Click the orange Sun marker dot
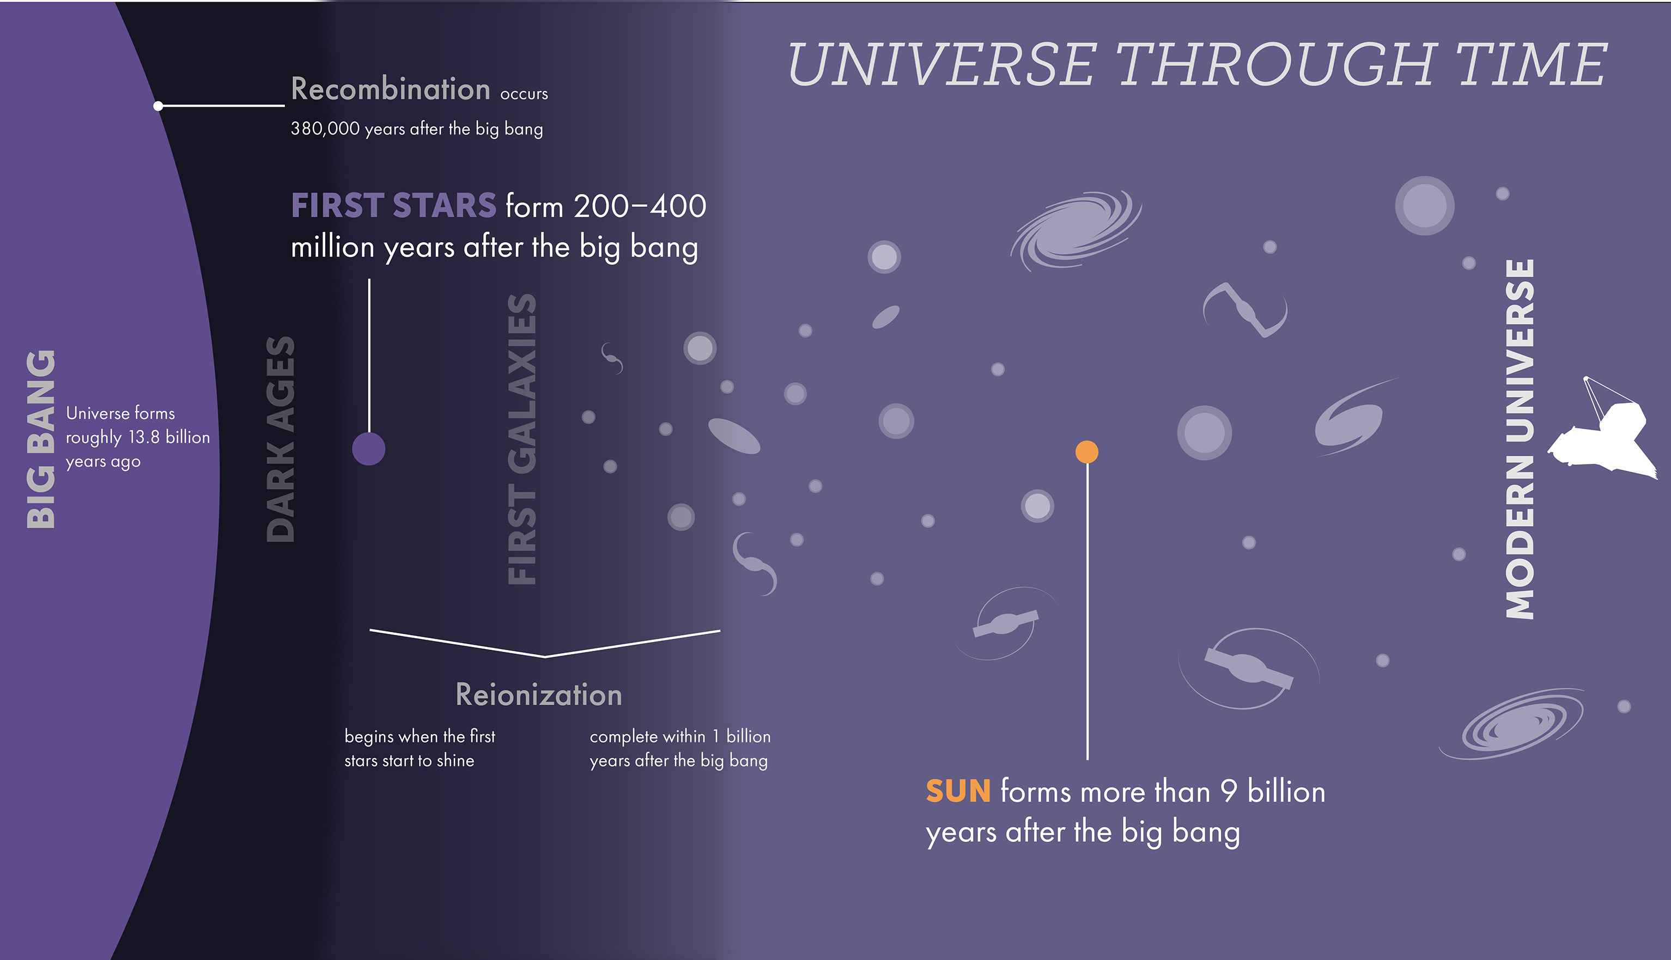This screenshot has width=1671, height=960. [x=1087, y=453]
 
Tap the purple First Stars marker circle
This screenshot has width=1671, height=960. [x=369, y=449]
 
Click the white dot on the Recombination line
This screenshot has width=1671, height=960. [x=159, y=106]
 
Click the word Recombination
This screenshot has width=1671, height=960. [x=391, y=89]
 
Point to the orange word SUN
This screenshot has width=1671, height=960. [x=958, y=791]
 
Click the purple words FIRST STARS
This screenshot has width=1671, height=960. [x=393, y=206]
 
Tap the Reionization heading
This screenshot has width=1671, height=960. [x=539, y=695]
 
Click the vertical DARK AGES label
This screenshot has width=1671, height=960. [x=281, y=439]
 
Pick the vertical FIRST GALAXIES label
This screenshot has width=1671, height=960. [x=522, y=439]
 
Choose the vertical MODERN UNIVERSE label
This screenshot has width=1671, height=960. [x=1520, y=439]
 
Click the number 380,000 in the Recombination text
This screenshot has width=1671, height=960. [x=325, y=129]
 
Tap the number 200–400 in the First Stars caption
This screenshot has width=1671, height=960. [x=640, y=206]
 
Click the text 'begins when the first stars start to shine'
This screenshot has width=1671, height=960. [x=420, y=748]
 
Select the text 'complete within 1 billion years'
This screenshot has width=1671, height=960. [x=680, y=748]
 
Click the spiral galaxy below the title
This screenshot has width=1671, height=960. [x=1076, y=229]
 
